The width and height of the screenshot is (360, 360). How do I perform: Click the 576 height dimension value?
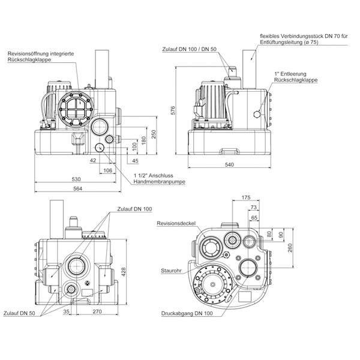point(173,110)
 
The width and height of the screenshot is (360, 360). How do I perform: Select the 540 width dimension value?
point(229,164)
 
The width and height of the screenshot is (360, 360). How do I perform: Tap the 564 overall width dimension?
point(77,188)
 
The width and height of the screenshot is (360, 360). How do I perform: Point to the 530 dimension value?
point(76,179)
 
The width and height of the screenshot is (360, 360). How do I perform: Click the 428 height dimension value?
point(123,272)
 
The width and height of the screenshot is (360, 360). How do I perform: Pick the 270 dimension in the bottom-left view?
point(97,311)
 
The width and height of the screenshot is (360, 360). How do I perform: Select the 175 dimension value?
point(246,197)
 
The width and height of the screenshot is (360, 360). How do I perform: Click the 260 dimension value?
point(290,248)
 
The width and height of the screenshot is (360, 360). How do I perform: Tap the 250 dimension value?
point(154,134)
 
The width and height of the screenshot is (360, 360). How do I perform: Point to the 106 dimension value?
point(107,170)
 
